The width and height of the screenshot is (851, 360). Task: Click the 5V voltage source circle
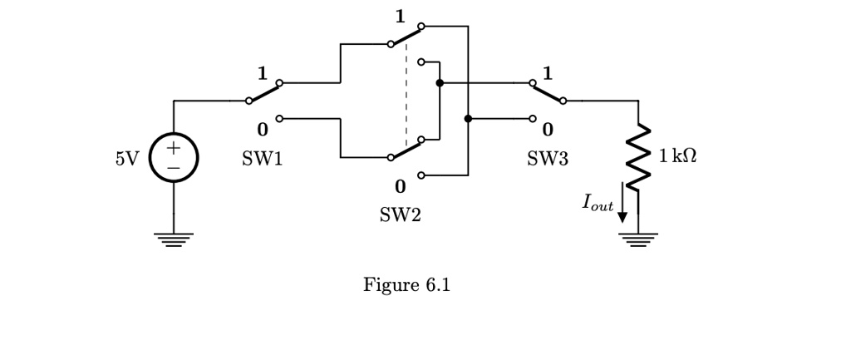174,156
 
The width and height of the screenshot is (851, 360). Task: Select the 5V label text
127,158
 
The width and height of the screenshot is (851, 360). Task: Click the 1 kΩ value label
677,156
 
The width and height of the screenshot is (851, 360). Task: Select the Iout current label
598,202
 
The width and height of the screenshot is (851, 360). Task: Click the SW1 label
262,159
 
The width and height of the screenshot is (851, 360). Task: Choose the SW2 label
400,215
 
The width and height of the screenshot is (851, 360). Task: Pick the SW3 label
548,159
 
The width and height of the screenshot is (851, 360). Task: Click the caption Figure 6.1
406,285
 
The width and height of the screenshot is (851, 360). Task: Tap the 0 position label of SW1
263,131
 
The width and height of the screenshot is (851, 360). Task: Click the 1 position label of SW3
547,72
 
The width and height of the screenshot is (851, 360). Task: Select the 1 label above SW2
400,16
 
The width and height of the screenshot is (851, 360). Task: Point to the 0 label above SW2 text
400,185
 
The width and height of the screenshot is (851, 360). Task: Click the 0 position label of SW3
547,131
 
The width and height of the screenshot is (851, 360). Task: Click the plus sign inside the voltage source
174,148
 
